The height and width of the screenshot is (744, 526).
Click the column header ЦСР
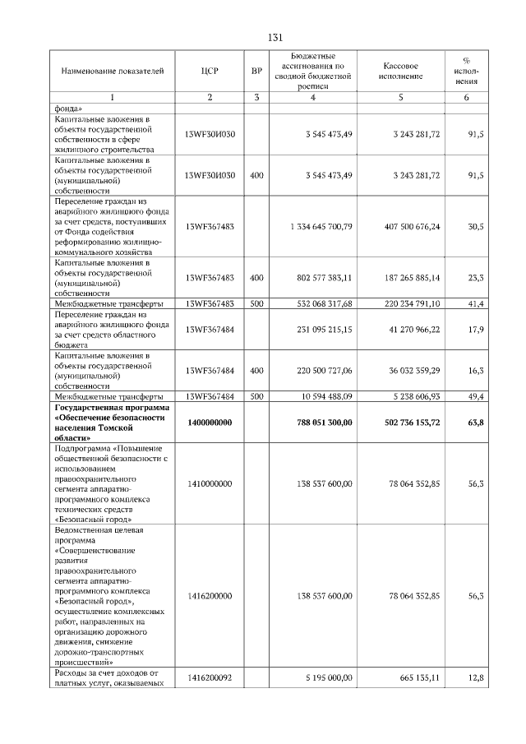209,71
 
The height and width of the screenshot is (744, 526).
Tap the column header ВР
257,71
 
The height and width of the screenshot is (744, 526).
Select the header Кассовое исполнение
401,71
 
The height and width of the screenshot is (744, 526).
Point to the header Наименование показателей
107,71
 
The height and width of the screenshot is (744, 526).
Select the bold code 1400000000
210,423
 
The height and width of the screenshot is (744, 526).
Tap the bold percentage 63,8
475,423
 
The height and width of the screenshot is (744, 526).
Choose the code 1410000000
210,485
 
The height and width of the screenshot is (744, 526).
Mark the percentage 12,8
475,677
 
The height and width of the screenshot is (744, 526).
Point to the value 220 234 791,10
401,303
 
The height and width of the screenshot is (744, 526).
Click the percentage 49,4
475,396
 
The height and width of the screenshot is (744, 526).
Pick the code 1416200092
210,677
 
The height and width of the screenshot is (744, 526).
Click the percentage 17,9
475,330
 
